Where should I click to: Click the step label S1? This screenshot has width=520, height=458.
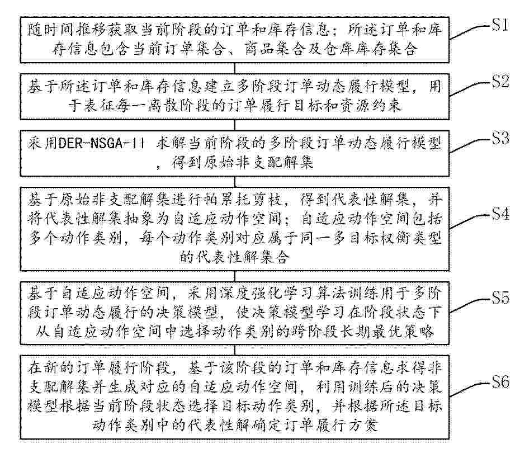click(x=499, y=25)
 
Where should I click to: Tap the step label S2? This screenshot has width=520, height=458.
click(x=499, y=81)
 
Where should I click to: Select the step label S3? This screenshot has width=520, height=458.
click(x=499, y=138)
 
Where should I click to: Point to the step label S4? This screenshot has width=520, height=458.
click(x=499, y=214)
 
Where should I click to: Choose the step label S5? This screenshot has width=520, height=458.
click(x=499, y=298)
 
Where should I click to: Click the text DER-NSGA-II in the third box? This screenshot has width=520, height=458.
click(x=101, y=144)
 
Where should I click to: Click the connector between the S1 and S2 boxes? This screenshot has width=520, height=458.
click(x=235, y=68)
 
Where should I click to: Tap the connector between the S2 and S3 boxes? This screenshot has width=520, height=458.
click(x=235, y=125)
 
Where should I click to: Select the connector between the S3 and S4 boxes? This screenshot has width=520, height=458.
click(x=235, y=182)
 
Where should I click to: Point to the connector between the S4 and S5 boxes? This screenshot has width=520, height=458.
click(x=235, y=276)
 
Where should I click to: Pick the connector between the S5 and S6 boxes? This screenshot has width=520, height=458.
click(x=235, y=350)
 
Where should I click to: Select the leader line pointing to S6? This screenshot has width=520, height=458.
click(x=470, y=390)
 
